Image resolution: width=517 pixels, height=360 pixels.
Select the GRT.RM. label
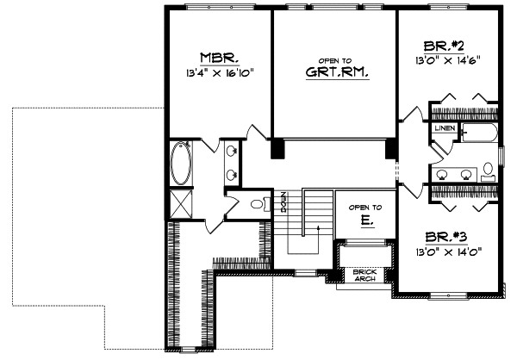(333, 73)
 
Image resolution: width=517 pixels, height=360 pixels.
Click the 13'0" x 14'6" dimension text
(445, 60)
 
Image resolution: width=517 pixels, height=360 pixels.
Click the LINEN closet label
(444, 127)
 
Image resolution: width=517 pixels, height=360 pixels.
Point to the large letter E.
(364, 220)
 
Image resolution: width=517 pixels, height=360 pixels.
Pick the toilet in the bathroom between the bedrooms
(488, 167)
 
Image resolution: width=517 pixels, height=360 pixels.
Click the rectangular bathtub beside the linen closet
(478, 131)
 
